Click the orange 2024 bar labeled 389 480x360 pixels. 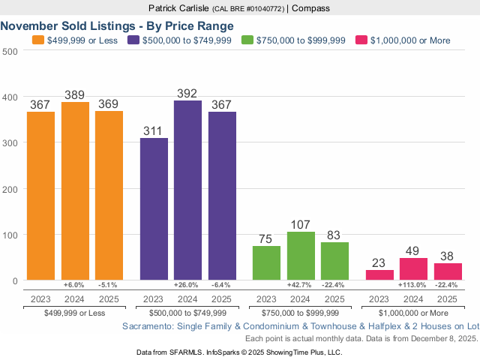tap(75, 191)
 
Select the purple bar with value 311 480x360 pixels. tap(154, 209)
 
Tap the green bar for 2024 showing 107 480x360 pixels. tap(301, 256)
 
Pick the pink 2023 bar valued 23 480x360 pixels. tap(379, 275)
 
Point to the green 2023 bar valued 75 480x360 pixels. tap(266, 263)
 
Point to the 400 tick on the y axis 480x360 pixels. tap(10, 97)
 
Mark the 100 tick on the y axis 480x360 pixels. tap(10, 235)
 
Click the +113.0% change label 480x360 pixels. tap(413, 285)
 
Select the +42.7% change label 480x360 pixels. tap(301, 285)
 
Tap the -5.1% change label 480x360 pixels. tap(109, 285)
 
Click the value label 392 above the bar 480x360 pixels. tap(187, 94)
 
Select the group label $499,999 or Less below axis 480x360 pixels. tap(75, 312)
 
